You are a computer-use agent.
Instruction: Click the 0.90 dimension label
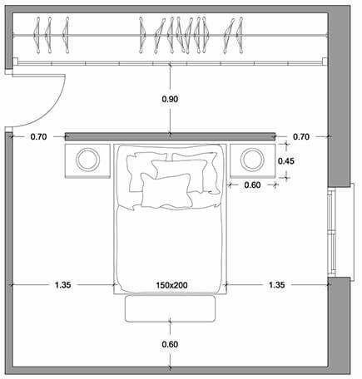[170, 99]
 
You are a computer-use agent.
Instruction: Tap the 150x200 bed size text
[171, 285]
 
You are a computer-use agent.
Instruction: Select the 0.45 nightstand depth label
[286, 160]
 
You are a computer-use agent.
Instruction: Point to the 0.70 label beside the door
[38, 136]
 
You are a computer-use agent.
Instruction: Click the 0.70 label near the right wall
[301, 136]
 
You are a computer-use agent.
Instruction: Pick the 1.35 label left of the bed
[63, 285]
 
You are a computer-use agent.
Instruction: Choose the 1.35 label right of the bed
[277, 285]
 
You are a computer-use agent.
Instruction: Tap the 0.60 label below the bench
[170, 344]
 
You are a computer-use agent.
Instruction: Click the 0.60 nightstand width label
[252, 185]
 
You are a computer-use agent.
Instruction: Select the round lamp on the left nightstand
[88, 160]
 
